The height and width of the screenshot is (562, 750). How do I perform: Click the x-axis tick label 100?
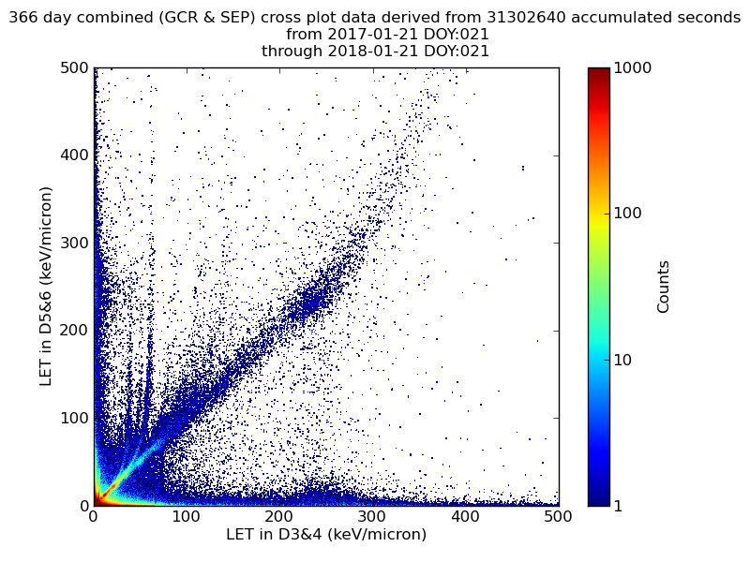(x=187, y=516)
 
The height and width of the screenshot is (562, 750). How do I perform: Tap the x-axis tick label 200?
(x=279, y=516)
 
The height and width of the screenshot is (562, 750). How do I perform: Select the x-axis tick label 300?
(x=372, y=516)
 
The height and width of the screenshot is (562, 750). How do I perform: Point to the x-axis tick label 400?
(x=465, y=516)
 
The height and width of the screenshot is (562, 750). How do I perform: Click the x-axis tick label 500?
(x=557, y=516)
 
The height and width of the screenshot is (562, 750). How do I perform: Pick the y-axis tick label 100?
(x=73, y=418)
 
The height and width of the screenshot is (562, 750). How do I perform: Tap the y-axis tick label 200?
(x=73, y=331)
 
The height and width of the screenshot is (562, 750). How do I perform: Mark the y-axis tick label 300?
(x=73, y=243)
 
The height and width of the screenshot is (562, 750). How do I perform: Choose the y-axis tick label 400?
(x=73, y=155)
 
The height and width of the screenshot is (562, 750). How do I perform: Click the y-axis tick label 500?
(x=73, y=68)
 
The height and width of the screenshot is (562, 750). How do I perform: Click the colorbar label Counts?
(x=664, y=287)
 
